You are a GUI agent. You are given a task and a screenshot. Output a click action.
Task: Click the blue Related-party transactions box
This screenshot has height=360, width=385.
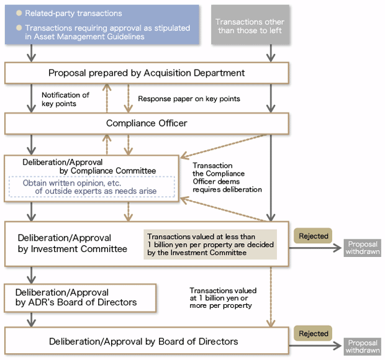[102, 24]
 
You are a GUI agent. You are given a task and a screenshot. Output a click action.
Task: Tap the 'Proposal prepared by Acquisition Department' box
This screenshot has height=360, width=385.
[147, 73]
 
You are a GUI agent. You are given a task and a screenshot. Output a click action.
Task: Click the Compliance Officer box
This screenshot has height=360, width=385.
[147, 124]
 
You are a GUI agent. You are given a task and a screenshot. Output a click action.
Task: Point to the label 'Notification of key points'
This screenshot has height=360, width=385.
[65, 99]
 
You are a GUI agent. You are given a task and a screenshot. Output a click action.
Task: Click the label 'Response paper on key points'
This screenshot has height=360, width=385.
[189, 99]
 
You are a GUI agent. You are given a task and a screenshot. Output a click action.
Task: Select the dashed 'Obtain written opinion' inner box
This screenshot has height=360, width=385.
[91, 187]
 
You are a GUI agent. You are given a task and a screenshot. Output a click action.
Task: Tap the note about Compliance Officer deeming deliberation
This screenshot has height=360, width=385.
[227, 178]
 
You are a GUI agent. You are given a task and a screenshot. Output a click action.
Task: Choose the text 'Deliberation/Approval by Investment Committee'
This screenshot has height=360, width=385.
[72, 243]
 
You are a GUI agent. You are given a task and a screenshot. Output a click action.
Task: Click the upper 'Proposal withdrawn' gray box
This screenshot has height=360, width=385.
[363, 248]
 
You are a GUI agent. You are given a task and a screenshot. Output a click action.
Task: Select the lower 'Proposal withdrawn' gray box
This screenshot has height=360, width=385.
[363, 346]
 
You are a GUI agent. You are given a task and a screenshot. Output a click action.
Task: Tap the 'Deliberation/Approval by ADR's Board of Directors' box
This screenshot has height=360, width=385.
[79, 297]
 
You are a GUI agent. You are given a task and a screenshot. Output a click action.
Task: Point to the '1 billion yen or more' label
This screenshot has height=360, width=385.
[222, 299]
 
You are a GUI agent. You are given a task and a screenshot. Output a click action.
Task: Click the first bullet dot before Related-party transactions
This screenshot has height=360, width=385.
[19, 13]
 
